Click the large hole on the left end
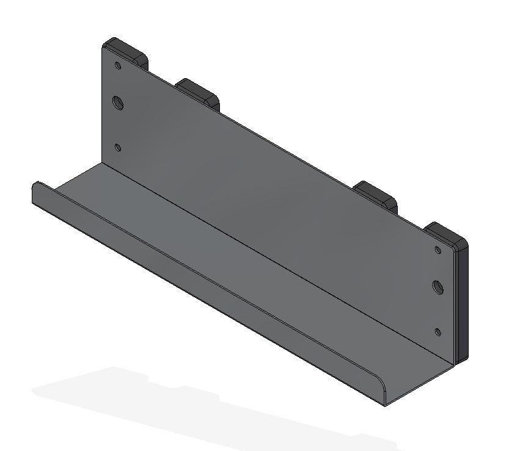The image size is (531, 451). pos(118,103)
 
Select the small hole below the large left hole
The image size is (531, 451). pos(118,148)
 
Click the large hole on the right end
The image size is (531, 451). pos(438,286)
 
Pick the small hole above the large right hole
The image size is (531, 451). pos(438,249)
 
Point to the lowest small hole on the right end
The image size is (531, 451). pos(438,332)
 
